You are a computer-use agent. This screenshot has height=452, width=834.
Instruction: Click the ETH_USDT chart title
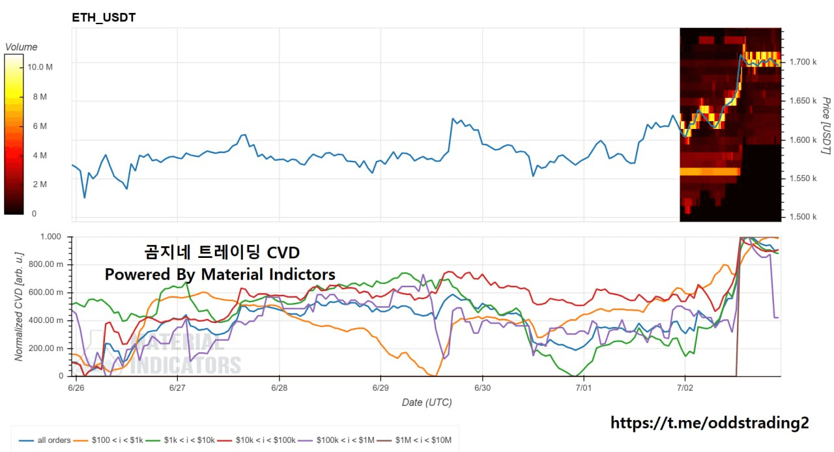pyautogui.click(x=104, y=18)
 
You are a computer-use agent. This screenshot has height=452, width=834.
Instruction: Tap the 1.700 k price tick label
pyautogui.click(x=803, y=62)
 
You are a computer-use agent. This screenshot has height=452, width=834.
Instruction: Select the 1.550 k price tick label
pyautogui.click(x=803, y=178)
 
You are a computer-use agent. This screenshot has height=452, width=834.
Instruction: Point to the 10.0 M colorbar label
pyautogui.click(x=40, y=67)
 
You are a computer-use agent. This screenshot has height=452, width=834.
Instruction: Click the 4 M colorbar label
pyautogui.click(x=40, y=155)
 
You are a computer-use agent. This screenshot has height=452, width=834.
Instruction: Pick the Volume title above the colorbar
pyautogui.click(x=22, y=47)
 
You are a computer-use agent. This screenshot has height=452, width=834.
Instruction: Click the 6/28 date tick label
pyautogui.click(x=280, y=388)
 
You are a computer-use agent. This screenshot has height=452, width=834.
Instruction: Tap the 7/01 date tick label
pyautogui.click(x=583, y=388)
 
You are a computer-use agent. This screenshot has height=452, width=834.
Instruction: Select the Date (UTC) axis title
pyautogui.click(x=427, y=403)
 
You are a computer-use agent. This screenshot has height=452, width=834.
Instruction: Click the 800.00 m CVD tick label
pyautogui.click(x=46, y=264)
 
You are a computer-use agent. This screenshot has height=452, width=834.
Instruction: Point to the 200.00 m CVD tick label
pyautogui.click(x=46, y=348)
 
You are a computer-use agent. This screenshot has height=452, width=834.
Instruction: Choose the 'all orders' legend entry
pyautogui.click(x=45, y=440)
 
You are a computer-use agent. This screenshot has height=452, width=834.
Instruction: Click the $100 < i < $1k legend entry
pyautogui.click(x=108, y=440)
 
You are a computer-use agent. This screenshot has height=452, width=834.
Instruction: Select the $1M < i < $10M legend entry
pyautogui.click(x=414, y=440)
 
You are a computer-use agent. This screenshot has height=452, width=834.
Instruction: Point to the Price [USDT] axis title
pyautogui.click(x=826, y=126)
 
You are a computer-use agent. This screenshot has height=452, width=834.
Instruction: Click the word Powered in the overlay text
pyautogui.click(x=137, y=275)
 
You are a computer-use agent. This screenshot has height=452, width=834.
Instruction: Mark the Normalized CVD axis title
pyautogui.click(x=19, y=307)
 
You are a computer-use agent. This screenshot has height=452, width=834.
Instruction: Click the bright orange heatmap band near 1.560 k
pyautogui.click(x=710, y=171)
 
